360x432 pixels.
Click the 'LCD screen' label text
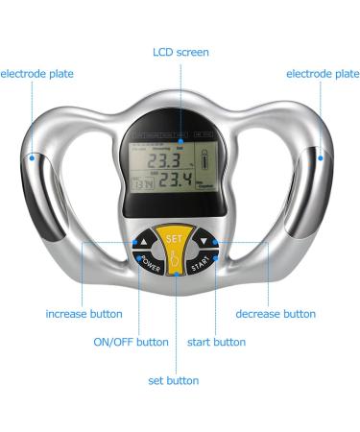tap(180, 52)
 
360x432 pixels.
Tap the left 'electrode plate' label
tap(36, 73)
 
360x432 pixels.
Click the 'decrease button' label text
tap(275, 314)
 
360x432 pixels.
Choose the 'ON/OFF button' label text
tap(131, 342)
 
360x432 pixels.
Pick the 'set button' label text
tap(174, 381)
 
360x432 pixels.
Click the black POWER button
tap(150, 262)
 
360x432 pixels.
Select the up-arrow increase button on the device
tap(145, 243)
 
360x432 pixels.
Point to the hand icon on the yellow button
tap(175, 256)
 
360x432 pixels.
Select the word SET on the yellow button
tap(175, 237)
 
